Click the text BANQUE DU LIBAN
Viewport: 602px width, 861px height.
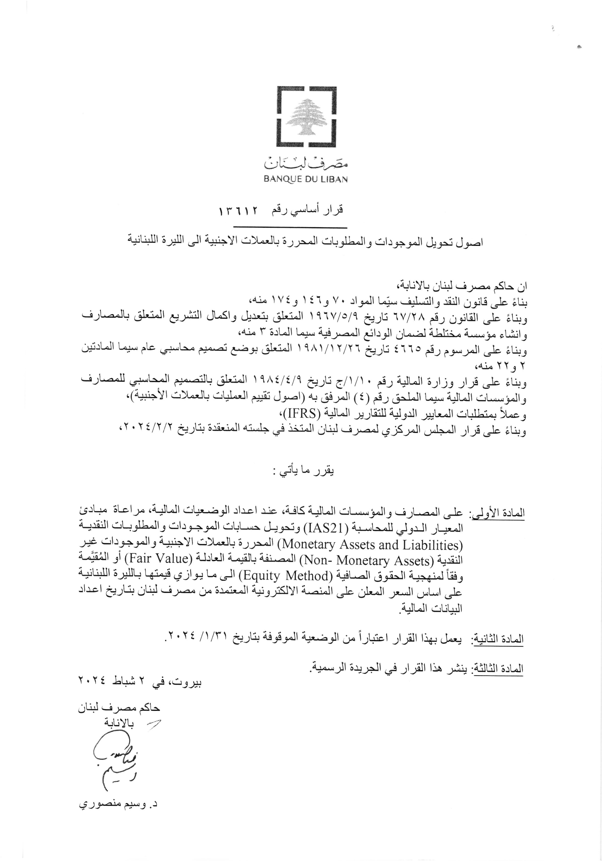click(306, 179)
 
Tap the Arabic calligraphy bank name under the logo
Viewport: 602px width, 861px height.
click(306, 163)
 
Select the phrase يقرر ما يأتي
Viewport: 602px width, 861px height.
click(301, 472)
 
